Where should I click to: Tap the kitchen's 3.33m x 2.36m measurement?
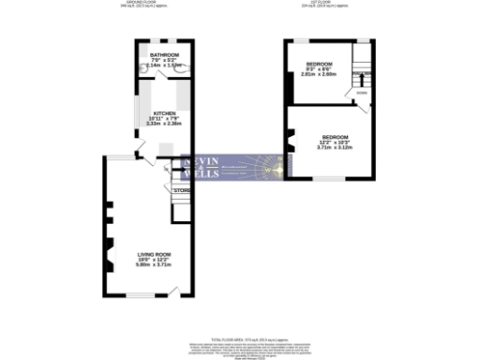click(164, 123)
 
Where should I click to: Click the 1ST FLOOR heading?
click(324, 4)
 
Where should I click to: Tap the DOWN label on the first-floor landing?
click(361, 92)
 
